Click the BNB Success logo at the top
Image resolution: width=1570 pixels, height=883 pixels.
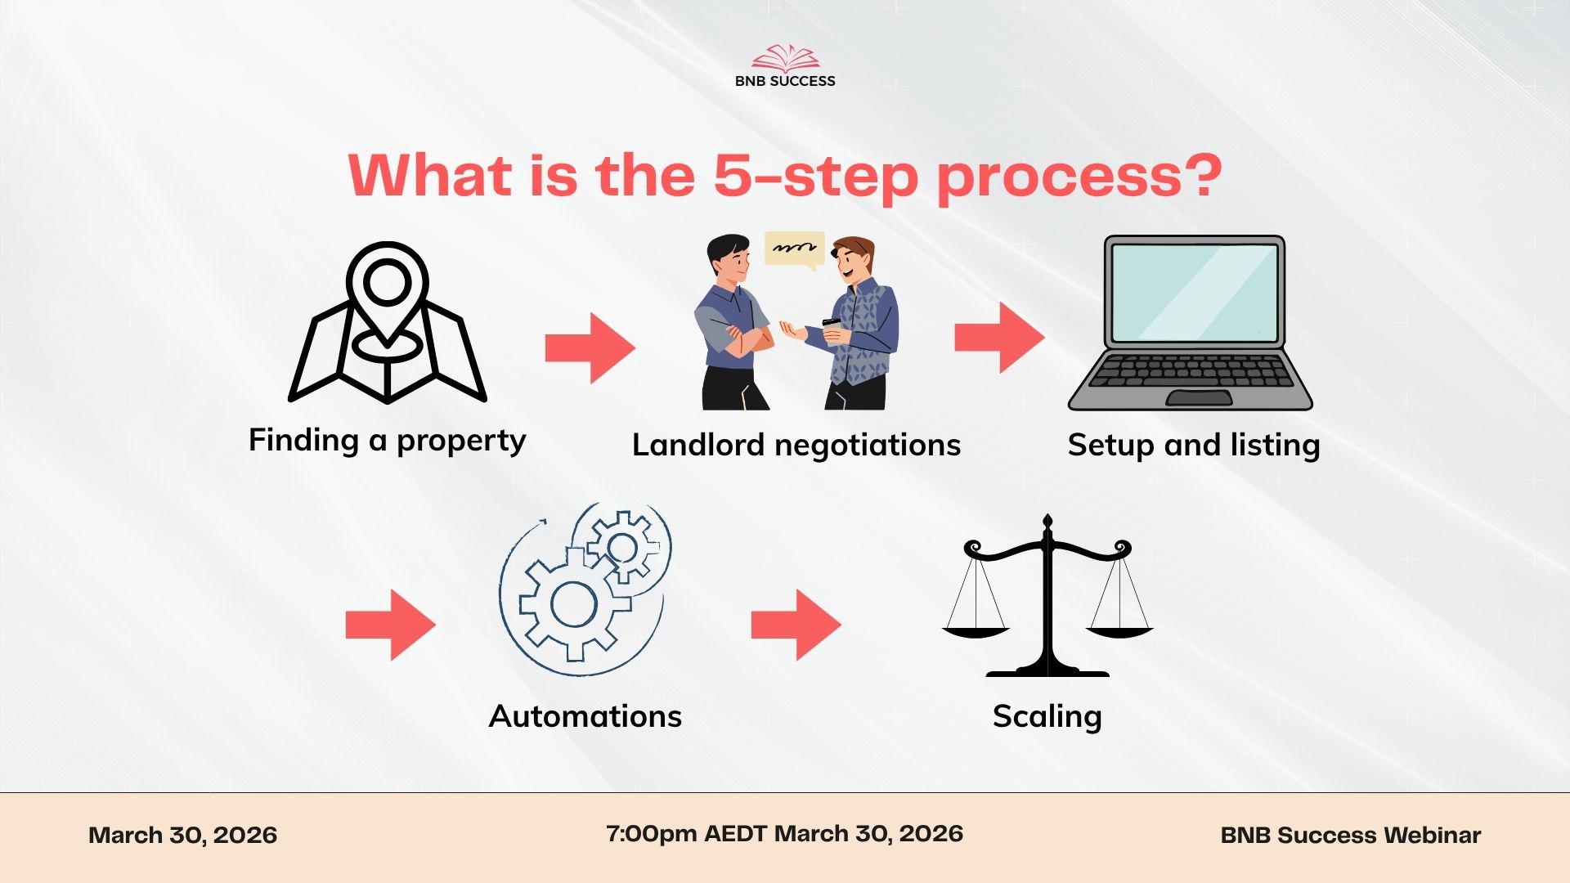785,66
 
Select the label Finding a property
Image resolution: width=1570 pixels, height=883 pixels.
387,440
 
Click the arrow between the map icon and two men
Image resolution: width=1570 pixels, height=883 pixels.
590,347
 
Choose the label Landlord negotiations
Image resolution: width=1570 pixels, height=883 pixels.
796,445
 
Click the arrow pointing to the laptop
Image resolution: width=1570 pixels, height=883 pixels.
999,338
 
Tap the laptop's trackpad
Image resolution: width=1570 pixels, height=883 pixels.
1199,397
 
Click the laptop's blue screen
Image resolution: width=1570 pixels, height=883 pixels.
1195,292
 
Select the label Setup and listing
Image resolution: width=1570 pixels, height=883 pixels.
1194,445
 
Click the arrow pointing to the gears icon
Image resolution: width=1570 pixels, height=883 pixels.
391,625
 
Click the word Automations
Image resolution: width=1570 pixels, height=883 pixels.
585,716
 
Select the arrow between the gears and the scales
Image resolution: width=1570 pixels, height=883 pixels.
796,625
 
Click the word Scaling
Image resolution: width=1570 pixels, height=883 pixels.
1047,716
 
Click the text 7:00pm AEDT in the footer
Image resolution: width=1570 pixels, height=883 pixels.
686,833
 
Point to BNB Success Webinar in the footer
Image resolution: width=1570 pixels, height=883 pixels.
1351,835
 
